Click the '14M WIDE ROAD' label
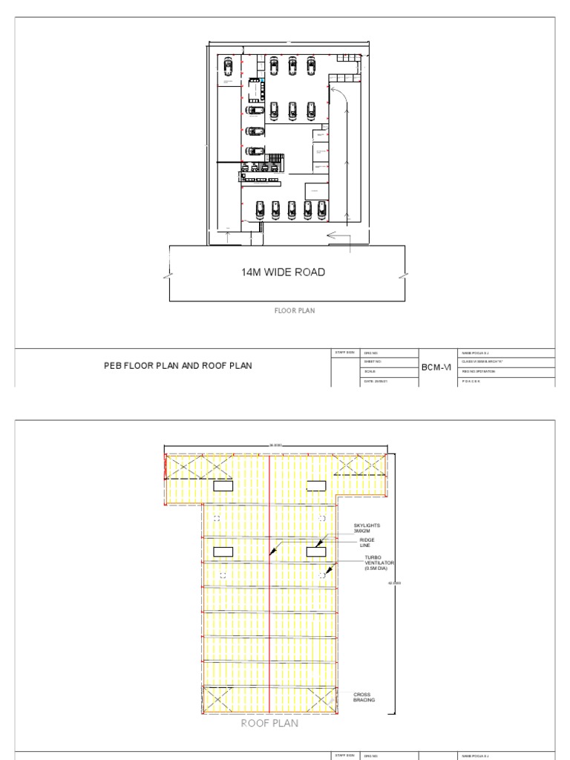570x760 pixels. pyautogui.click(x=283, y=272)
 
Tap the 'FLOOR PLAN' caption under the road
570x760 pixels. pyautogui.click(x=295, y=311)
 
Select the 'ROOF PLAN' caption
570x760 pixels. pyautogui.click(x=269, y=722)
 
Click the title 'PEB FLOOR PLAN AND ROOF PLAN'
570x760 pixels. pyautogui.click(x=177, y=366)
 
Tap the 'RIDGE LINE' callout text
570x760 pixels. pyautogui.click(x=367, y=543)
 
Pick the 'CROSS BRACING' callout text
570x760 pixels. pyautogui.click(x=364, y=697)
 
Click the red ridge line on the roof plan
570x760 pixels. pyautogui.click(x=269, y=594)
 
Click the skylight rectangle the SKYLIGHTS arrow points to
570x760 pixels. pyautogui.click(x=315, y=551)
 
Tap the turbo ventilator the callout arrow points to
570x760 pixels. pyautogui.click(x=321, y=575)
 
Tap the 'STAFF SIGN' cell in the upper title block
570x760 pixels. pyautogui.click(x=346, y=352)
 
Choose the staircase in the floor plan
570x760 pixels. pyautogui.click(x=276, y=159)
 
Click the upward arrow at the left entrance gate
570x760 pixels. pyautogui.click(x=229, y=238)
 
